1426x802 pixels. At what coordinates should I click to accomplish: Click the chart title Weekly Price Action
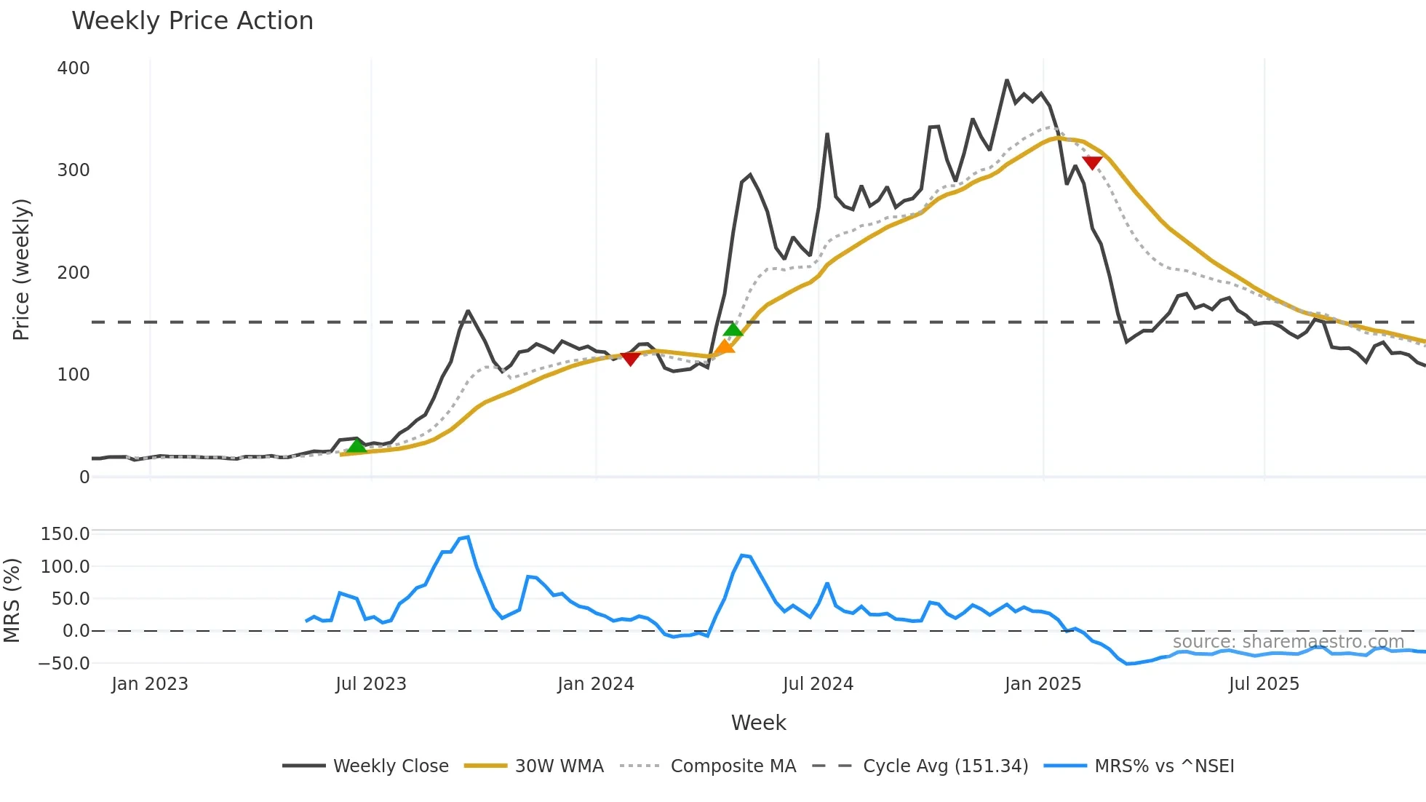tap(192, 21)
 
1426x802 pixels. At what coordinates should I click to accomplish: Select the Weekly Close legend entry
tap(391, 766)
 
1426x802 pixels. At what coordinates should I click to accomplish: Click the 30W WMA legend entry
tap(559, 766)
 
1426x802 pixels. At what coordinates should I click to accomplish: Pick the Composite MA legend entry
tap(733, 766)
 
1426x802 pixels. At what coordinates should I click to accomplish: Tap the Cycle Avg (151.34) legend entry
tap(945, 766)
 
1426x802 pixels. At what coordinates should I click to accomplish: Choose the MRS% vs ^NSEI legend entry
tap(1164, 766)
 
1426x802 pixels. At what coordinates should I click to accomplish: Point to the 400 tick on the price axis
tap(73, 68)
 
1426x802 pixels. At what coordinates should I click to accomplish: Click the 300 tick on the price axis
tap(73, 170)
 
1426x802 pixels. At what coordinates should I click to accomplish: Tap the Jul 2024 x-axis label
tap(818, 684)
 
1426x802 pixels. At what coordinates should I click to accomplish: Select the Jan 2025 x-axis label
tap(1043, 684)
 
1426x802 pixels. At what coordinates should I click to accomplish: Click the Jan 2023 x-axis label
tap(150, 684)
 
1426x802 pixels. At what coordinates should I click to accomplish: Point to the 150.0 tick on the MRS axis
tap(65, 534)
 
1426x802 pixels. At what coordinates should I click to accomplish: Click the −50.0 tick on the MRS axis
tap(65, 663)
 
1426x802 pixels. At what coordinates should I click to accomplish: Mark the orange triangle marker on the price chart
tap(725, 347)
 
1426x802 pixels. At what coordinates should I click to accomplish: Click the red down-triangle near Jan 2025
tap(1092, 162)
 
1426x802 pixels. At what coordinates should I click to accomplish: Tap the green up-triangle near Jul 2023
tap(356, 446)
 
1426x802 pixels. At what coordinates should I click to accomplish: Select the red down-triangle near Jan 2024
tap(630, 358)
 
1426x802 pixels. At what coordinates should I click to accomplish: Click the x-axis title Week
tap(758, 723)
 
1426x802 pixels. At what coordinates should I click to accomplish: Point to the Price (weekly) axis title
tap(21, 269)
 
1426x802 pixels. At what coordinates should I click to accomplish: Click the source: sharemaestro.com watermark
tap(1288, 641)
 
